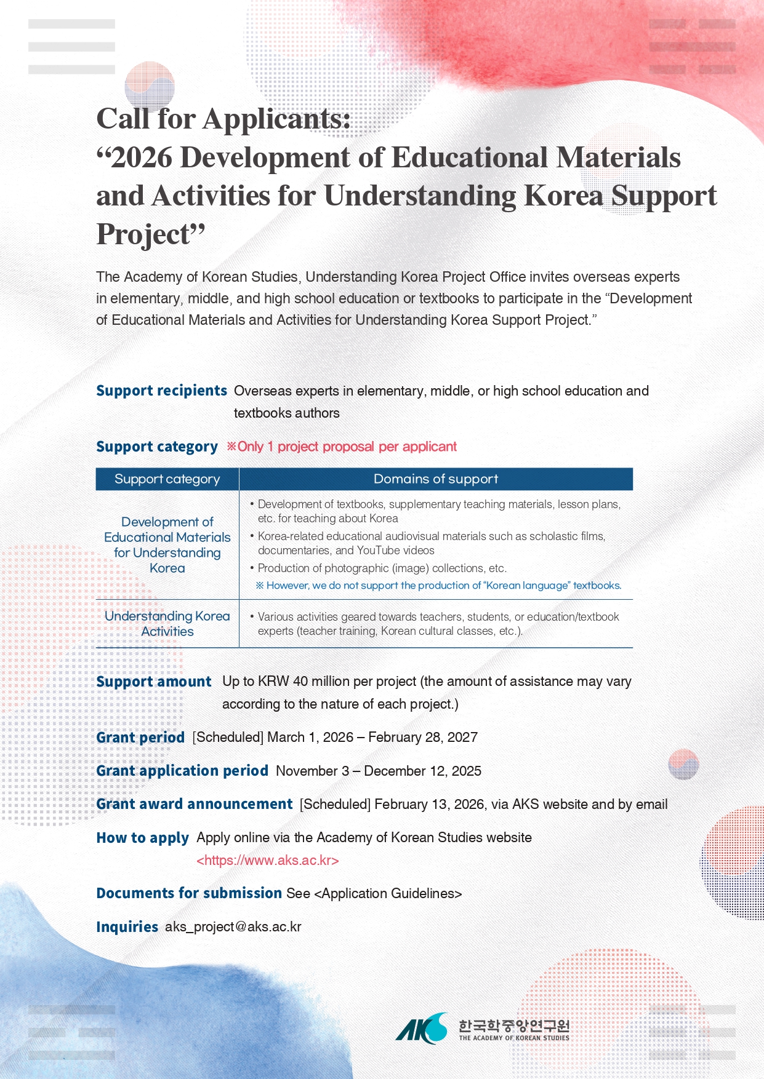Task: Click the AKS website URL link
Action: coord(267,860)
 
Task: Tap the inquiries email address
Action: coord(233,926)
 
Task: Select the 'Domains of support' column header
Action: coord(436,479)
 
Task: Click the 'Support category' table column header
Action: coord(167,479)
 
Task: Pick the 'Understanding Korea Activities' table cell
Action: coord(167,624)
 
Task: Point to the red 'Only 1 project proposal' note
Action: coord(342,447)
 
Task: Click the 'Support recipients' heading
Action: coord(162,391)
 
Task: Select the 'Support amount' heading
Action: coord(154,682)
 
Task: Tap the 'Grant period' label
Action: coord(140,738)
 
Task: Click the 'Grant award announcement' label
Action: coord(195,804)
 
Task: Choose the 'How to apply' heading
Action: coord(143,838)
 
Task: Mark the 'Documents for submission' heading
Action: coord(189,893)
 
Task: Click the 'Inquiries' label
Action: coord(127,927)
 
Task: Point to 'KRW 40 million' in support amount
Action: coord(299,682)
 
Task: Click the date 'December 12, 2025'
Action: coord(423,771)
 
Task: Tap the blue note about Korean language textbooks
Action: coord(438,586)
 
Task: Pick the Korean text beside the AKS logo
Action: coord(514,1025)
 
